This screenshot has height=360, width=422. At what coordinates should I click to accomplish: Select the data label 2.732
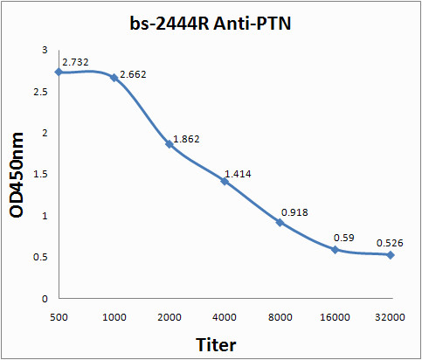[75, 63]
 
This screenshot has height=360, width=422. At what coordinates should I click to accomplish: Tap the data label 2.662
[132, 74]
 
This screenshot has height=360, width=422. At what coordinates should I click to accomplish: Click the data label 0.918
[294, 212]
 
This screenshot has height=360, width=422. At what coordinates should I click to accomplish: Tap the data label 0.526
[391, 242]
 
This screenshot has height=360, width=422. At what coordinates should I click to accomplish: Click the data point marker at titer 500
[59, 72]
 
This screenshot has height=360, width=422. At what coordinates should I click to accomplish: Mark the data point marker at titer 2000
[169, 143]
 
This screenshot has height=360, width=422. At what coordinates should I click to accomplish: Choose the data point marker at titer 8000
[280, 222]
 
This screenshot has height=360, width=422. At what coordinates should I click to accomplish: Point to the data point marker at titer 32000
[390, 254]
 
